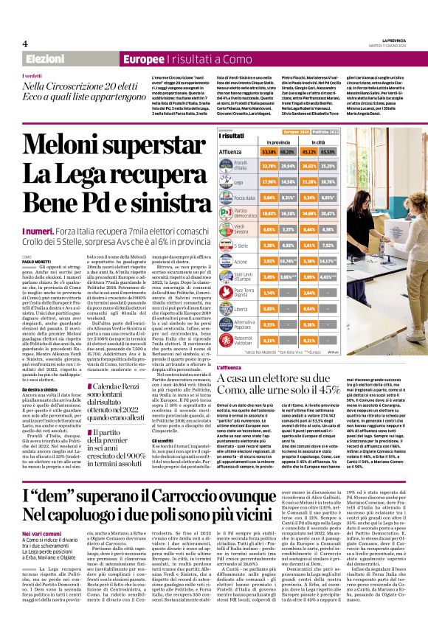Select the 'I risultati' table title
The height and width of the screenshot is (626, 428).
coord(231,136)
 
